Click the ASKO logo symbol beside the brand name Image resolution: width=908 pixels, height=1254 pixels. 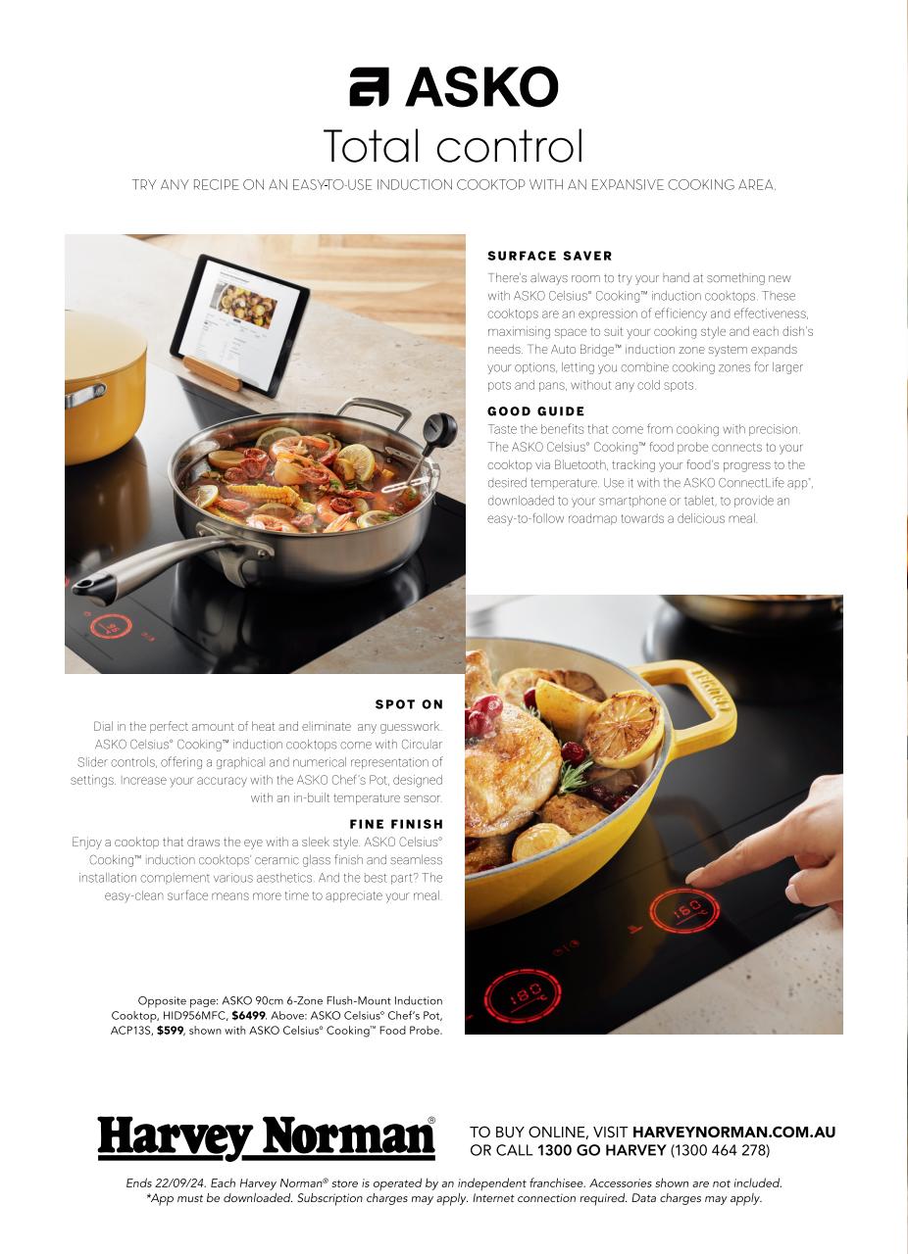pos(370,87)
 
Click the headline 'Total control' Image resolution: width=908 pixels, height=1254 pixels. pos(453,147)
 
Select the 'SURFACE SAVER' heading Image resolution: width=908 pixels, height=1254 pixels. pos(549,256)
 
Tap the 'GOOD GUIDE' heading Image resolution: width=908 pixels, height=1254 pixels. pos(535,411)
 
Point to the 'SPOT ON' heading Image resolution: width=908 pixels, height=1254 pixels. pos(409,704)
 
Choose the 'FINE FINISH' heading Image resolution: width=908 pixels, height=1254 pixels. pos(396,824)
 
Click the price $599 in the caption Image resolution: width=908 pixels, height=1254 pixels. pos(170,1031)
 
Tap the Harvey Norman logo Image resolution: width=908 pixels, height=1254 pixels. pos(266,1137)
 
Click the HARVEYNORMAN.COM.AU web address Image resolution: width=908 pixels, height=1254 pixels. pos(733,1133)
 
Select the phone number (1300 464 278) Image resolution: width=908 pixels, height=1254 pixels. pos(720,1150)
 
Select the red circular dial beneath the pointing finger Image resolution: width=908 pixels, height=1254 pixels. pos(683,911)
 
